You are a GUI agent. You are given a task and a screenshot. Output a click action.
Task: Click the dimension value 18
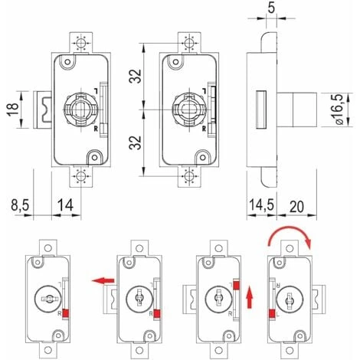click(14, 110)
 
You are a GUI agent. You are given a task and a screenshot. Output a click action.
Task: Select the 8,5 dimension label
click(20, 205)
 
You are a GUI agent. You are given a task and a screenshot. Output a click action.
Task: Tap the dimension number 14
click(65, 205)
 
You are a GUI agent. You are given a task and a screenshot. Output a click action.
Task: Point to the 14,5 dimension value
click(261, 205)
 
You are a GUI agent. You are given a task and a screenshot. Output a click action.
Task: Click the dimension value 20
click(297, 207)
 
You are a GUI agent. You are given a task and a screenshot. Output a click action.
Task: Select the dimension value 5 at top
click(271, 8)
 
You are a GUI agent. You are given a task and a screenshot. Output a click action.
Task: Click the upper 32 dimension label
click(135, 76)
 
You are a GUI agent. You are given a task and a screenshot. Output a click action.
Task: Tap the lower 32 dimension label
click(135, 142)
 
